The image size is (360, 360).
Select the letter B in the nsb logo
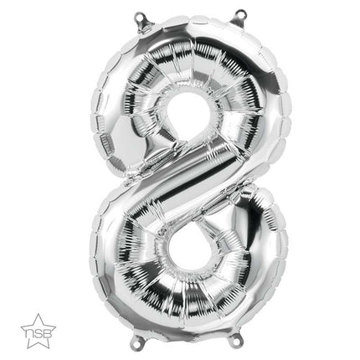pos(46,332)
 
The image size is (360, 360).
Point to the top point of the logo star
pos(39,314)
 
